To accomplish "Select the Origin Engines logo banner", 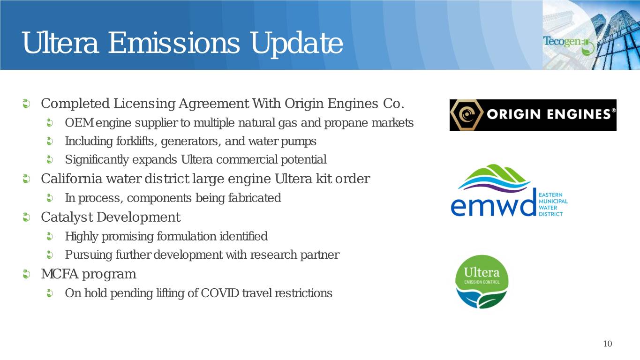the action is coord(533,115).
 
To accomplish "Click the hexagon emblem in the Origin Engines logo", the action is coord(467,115).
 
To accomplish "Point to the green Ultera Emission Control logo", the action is coord(482,282).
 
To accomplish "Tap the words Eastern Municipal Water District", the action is coord(553,204).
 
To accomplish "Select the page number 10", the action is coord(608,344).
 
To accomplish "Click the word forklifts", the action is coord(136,141).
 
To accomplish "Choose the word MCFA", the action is coord(60,274).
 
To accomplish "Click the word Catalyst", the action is coord(67,217).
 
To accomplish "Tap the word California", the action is coord(71,179).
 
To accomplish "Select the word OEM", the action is coord(79,123).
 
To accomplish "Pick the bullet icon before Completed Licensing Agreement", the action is coord(26,104).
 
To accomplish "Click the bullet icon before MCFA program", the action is coord(26,274).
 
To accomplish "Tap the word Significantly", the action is coord(97,160).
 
